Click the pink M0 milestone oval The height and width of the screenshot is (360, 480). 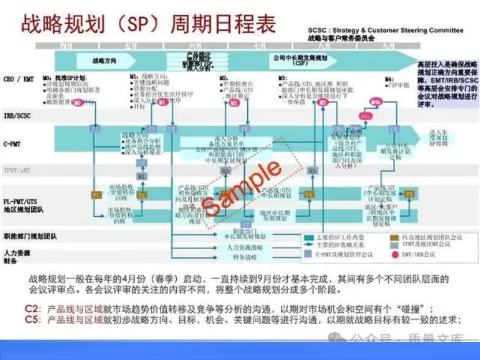click(77, 102)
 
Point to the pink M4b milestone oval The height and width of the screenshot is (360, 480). click(377, 102)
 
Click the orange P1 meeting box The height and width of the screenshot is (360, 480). click(96, 195)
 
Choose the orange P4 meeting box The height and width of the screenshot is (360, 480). click(309, 195)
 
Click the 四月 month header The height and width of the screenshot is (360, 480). click(68, 46)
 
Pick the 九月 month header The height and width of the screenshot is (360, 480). click(388, 46)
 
